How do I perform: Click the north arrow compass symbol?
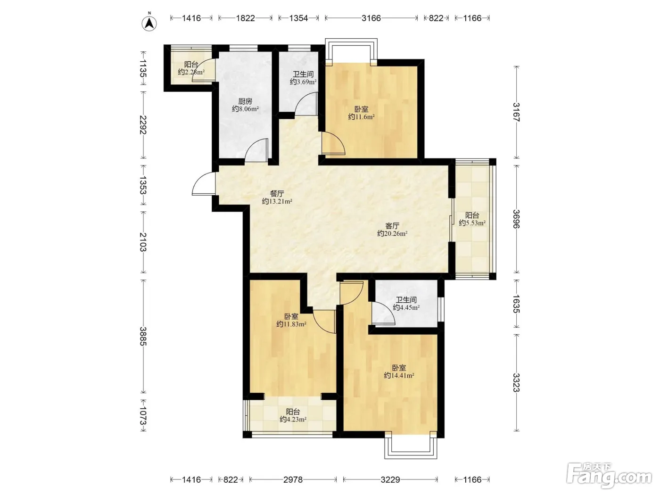[x=149, y=23]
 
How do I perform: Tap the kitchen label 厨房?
[x=245, y=101]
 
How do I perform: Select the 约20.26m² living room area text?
[x=392, y=233]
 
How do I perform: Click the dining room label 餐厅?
[x=277, y=194]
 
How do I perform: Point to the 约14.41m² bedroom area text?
[x=399, y=375]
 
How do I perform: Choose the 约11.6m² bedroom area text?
[x=362, y=117]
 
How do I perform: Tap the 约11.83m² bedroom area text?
[x=291, y=324]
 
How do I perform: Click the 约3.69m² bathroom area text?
[x=303, y=82]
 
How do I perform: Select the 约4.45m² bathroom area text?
[x=406, y=307]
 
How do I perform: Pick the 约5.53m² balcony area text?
[x=472, y=223]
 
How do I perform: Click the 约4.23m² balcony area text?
[x=293, y=419]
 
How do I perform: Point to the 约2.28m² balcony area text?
[x=191, y=72]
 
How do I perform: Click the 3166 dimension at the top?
[x=371, y=18]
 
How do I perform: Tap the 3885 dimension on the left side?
[x=143, y=336]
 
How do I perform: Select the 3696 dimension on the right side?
[x=516, y=219]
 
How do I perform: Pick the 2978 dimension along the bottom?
[x=293, y=479]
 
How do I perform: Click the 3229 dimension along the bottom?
[x=390, y=479]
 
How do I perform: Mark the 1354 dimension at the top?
[x=298, y=18]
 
